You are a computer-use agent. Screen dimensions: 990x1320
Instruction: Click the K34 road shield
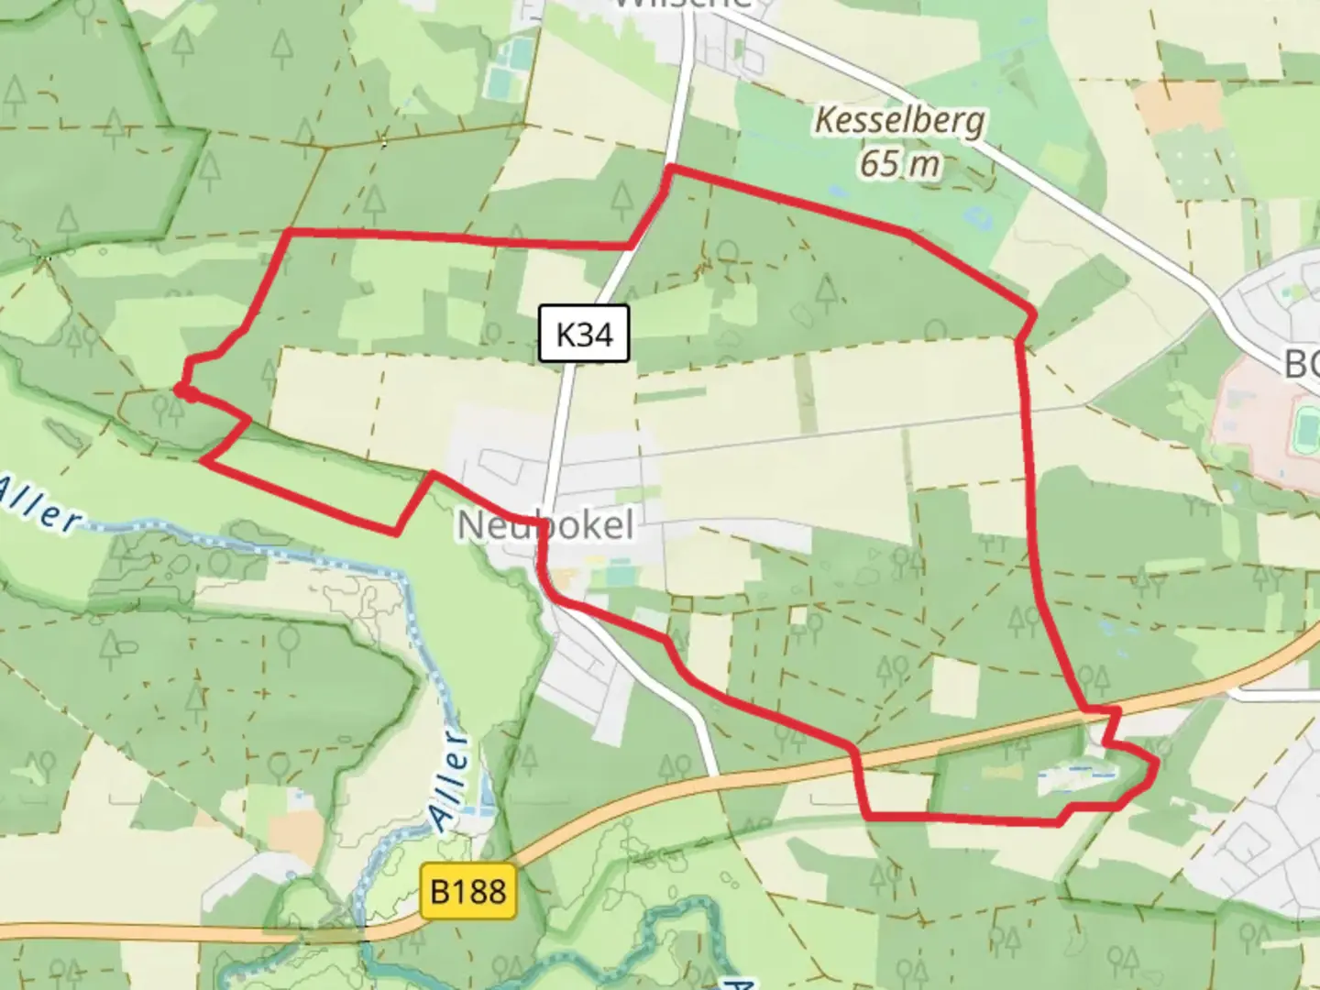tap(584, 334)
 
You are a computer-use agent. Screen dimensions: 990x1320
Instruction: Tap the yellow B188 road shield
tap(467, 890)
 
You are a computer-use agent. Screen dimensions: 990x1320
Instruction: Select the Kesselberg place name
tap(899, 120)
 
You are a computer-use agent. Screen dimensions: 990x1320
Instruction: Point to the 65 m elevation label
tap(900, 163)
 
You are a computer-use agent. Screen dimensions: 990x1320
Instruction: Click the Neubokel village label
tap(545, 526)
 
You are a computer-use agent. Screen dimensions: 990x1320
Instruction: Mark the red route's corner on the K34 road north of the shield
tap(672, 170)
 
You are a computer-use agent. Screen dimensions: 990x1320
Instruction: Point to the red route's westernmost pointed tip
tap(180, 392)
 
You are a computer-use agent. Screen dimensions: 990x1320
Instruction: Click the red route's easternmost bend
tap(1154, 763)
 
